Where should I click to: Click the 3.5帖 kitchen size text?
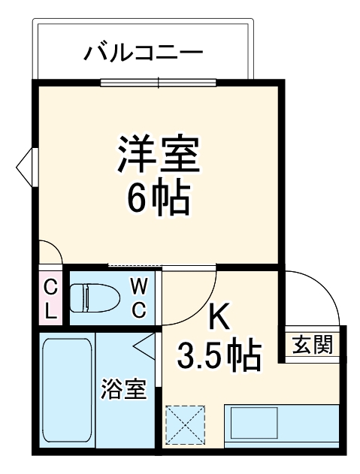point(219,355)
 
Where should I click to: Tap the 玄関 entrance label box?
point(313,346)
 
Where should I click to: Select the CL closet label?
point(50,298)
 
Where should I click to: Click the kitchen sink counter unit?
point(282,425)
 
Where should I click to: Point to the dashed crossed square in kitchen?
point(186,424)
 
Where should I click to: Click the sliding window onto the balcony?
point(158,81)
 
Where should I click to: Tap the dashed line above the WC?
point(135,266)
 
